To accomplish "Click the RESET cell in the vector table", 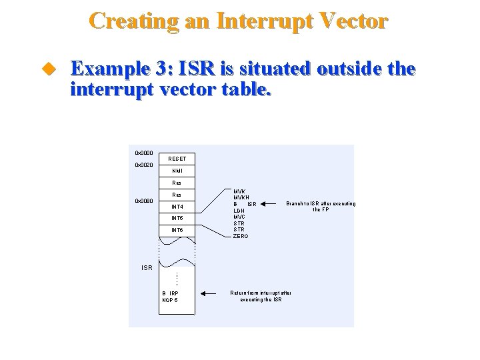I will tap(177, 159).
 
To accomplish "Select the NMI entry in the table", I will tap(177, 171).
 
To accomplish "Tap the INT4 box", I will tap(177, 207).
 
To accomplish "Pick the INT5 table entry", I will tap(177, 219).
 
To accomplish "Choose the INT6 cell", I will tap(177, 231).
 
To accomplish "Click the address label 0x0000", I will tap(144, 153).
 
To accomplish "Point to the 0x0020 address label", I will tap(144, 165).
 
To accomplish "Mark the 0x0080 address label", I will tap(144, 201).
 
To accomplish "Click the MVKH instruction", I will tap(241, 197).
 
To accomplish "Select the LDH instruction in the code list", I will tap(240, 210).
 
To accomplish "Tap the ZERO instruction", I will tap(241, 236).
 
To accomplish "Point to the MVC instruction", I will tap(239, 217).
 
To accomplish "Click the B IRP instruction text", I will tap(170, 293).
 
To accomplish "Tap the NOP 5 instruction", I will tap(170, 300).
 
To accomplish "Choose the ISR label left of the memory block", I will tap(147, 268).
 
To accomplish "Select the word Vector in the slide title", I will tap(347, 21).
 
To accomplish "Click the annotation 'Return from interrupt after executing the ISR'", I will tap(261, 296).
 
